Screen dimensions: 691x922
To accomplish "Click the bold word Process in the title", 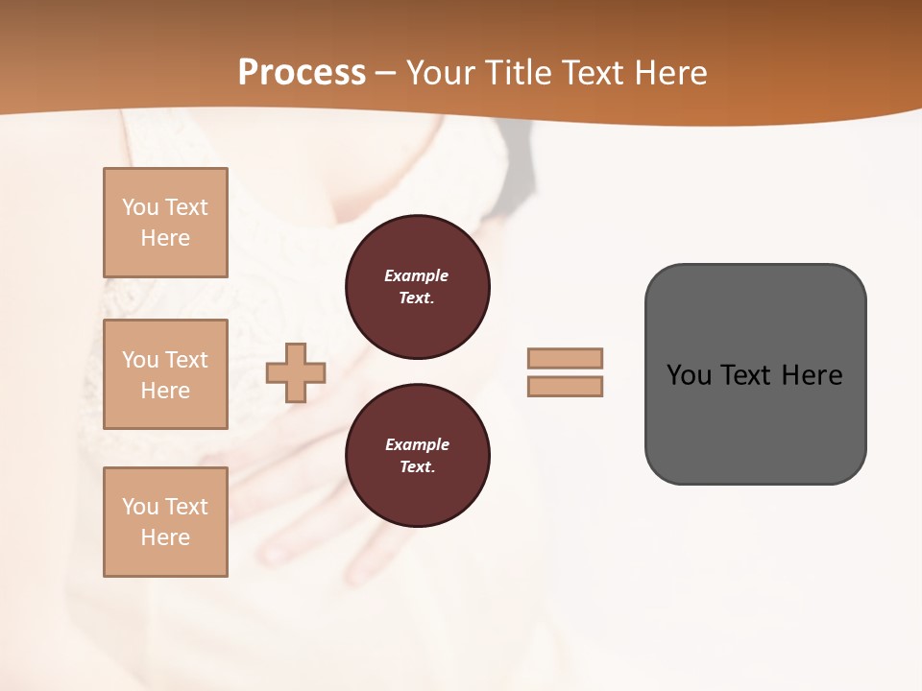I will pyautogui.click(x=302, y=73).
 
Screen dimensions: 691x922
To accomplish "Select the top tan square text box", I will pyautogui.click(x=165, y=223).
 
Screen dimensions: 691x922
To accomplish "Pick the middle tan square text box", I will pyautogui.click(x=165, y=374).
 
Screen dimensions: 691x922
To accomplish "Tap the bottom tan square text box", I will pyautogui.click(x=165, y=522).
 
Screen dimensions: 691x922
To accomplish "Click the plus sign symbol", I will pyautogui.click(x=296, y=372).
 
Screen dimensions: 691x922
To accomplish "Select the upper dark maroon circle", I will pyautogui.click(x=417, y=287).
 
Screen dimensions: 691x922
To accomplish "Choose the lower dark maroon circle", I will pyautogui.click(x=417, y=456).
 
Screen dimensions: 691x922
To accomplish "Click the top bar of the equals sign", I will pyautogui.click(x=565, y=358).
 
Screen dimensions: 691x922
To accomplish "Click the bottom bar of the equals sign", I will pyautogui.click(x=565, y=386).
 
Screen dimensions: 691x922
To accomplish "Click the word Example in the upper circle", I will pyautogui.click(x=416, y=275).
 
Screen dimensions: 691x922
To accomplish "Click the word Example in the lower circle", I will pyautogui.click(x=417, y=444).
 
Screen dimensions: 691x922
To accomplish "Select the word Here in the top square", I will pyautogui.click(x=165, y=238).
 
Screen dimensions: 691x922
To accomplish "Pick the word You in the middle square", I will pyautogui.click(x=139, y=360).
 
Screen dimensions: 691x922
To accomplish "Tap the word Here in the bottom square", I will pyautogui.click(x=165, y=537).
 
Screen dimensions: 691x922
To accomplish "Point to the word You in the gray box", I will pyautogui.click(x=689, y=375).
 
